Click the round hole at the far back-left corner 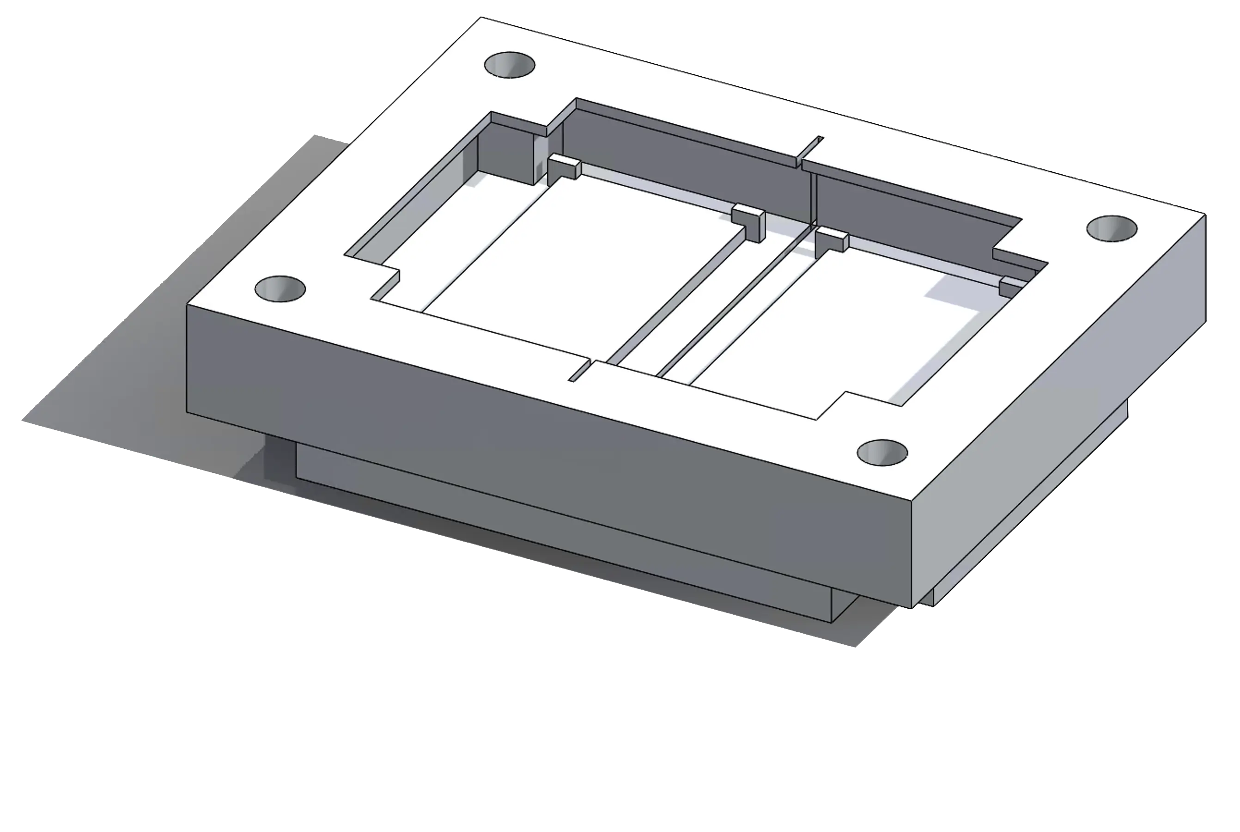(510, 65)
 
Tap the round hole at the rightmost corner (1112, 229)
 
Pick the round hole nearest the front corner (882, 453)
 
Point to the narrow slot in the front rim (580, 370)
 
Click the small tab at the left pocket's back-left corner (563, 168)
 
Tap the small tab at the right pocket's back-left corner (831, 239)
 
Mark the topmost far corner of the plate (481, 17)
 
